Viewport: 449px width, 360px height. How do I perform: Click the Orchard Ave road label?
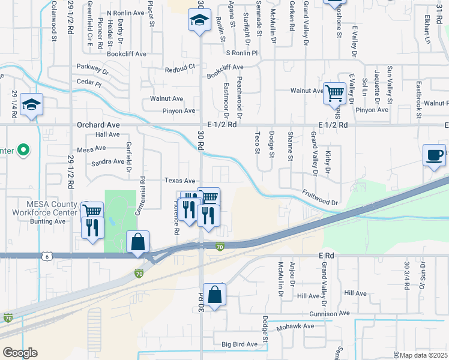click(x=98, y=125)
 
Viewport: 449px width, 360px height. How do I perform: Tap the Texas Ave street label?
click(x=180, y=181)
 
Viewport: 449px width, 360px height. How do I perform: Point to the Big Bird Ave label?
click(x=239, y=344)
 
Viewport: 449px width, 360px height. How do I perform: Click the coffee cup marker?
click(x=435, y=155)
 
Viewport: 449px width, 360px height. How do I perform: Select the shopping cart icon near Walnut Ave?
click(x=334, y=93)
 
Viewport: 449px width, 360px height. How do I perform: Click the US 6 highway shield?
click(x=47, y=256)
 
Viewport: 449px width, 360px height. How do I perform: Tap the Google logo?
click(x=20, y=353)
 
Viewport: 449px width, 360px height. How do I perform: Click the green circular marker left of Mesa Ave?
click(x=23, y=149)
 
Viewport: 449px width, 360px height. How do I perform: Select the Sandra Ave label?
click(x=107, y=161)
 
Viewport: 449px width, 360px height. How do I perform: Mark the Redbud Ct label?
click(x=181, y=70)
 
